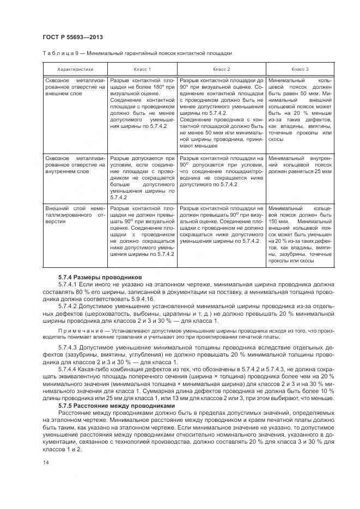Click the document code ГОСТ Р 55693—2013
[72, 37]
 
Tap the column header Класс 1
[142, 69]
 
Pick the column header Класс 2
[221, 69]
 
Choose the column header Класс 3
[300, 69]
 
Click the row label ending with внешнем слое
[75, 93]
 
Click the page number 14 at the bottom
[45, 462]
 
